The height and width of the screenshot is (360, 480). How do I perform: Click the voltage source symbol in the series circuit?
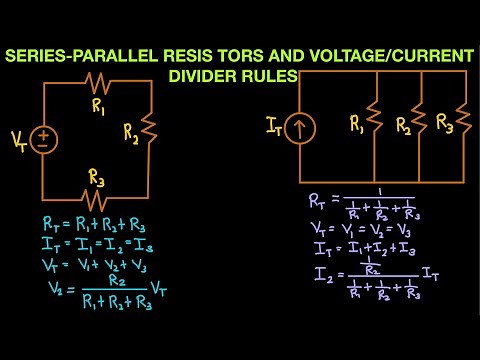(x=43, y=138)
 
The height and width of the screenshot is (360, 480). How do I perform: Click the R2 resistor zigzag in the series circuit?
(x=149, y=129)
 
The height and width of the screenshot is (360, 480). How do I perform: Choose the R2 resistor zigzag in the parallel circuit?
(x=418, y=122)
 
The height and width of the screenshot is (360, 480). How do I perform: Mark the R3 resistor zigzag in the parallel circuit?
(x=463, y=122)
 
